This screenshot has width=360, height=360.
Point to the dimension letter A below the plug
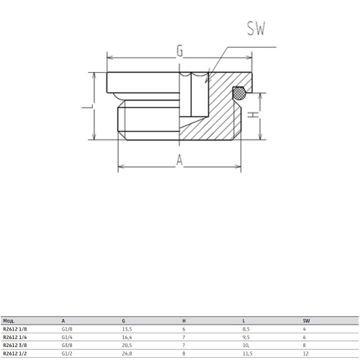pos(179,162)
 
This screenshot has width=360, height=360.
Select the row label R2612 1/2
pos(16,353)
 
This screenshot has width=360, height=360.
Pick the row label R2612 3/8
pos(16,345)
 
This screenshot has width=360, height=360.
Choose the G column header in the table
pos(124,320)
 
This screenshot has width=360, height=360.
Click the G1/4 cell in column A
pos(67,337)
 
